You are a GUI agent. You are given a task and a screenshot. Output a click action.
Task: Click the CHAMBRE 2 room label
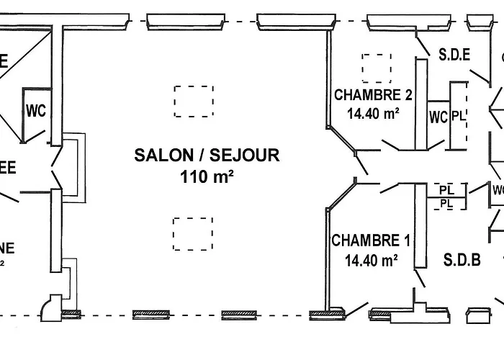(x=373, y=95)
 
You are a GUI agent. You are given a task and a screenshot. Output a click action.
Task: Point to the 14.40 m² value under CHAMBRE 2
(x=373, y=113)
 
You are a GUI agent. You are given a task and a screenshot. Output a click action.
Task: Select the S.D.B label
(x=462, y=260)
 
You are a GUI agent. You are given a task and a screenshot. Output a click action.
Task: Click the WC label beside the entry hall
(x=36, y=111)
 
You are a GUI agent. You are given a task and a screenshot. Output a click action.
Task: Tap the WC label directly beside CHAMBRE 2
(x=438, y=117)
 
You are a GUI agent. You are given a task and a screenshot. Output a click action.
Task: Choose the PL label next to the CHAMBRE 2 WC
(x=459, y=117)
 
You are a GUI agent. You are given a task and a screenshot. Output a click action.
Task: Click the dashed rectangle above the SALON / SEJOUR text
(x=193, y=101)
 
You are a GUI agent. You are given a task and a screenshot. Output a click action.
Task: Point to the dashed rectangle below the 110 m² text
(x=193, y=234)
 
